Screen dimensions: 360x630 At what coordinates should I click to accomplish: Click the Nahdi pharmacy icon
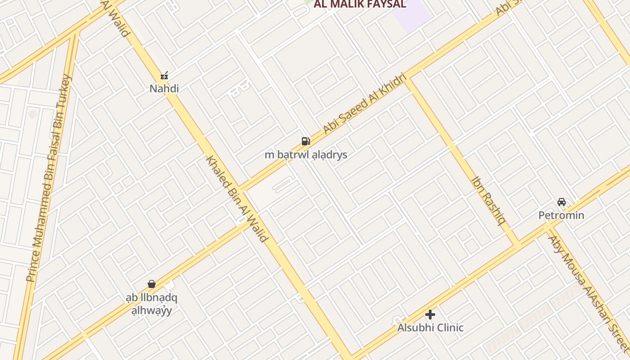point(164,76)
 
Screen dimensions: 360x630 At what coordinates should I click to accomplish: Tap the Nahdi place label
point(164,89)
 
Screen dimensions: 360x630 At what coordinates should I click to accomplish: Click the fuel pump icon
point(306,141)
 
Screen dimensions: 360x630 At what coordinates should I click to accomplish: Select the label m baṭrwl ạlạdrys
point(306,155)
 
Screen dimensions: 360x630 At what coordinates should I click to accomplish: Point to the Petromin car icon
point(561,202)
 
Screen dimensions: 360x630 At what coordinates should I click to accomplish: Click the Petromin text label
point(561,215)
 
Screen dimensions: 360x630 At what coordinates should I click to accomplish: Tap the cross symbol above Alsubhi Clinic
point(430,314)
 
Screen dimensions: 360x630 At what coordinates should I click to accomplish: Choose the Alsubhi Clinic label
point(430,328)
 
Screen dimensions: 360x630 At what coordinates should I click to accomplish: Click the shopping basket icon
point(152,284)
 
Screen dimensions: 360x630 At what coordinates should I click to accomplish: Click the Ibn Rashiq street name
point(488,200)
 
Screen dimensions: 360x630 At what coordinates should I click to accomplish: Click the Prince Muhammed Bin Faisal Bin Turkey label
point(49,178)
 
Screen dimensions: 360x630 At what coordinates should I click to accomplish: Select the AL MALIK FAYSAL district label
point(360,4)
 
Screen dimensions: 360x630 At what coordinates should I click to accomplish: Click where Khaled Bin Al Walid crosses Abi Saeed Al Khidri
point(243,188)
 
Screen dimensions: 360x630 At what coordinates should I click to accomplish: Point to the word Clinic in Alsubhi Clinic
point(447,328)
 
